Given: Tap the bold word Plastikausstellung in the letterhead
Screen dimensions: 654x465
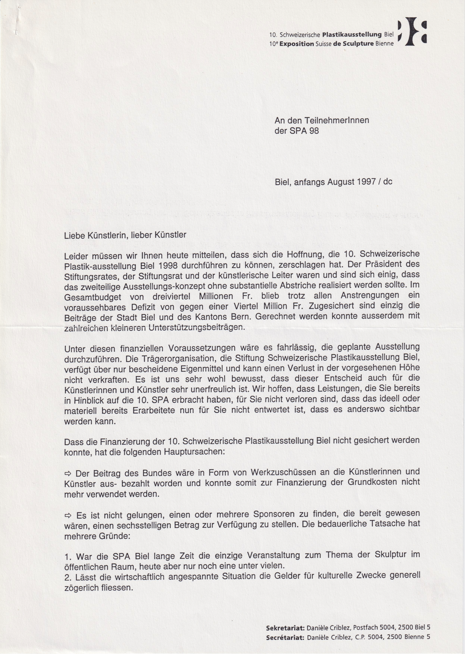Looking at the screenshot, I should tap(352, 35).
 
